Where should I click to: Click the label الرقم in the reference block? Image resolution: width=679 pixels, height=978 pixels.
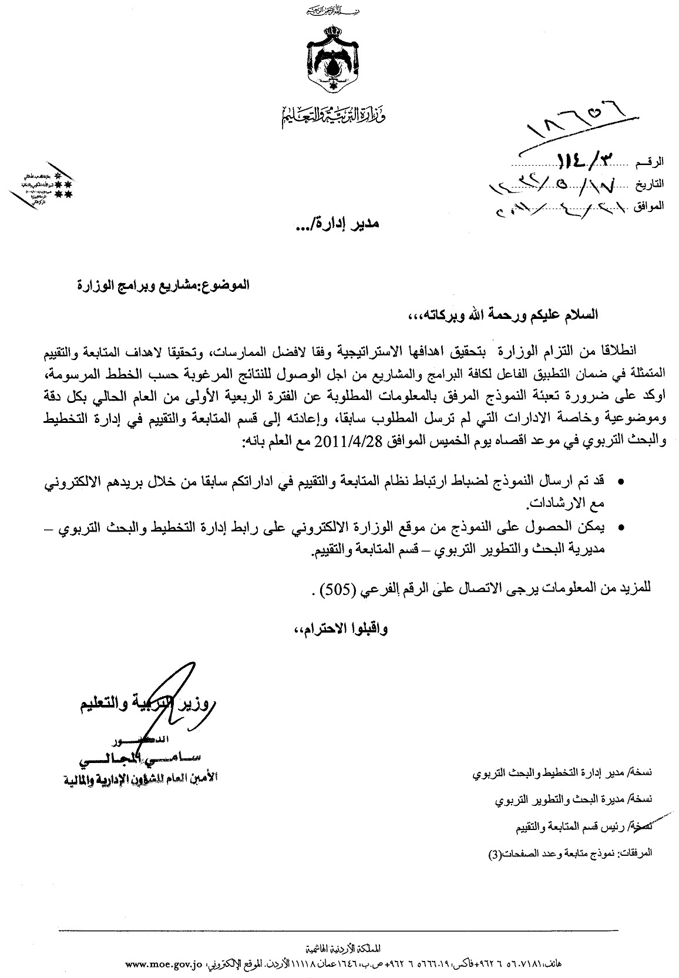pyautogui.click(x=651, y=161)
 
